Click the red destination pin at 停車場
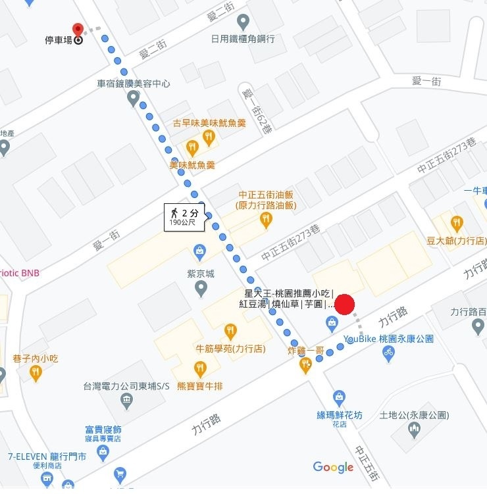[78, 30]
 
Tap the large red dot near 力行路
[345, 305]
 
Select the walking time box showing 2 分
[184, 216]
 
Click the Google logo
[333, 467]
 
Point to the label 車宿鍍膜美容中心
[133, 84]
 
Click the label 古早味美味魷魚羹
[209, 123]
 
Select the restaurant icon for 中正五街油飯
[266, 220]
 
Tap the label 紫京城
[201, 274]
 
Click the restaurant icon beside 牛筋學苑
[230, 331]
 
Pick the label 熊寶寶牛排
[200, 386]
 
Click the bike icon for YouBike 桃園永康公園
[389, 353]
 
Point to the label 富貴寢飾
[103, 430]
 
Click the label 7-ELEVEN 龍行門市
[47, 456]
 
